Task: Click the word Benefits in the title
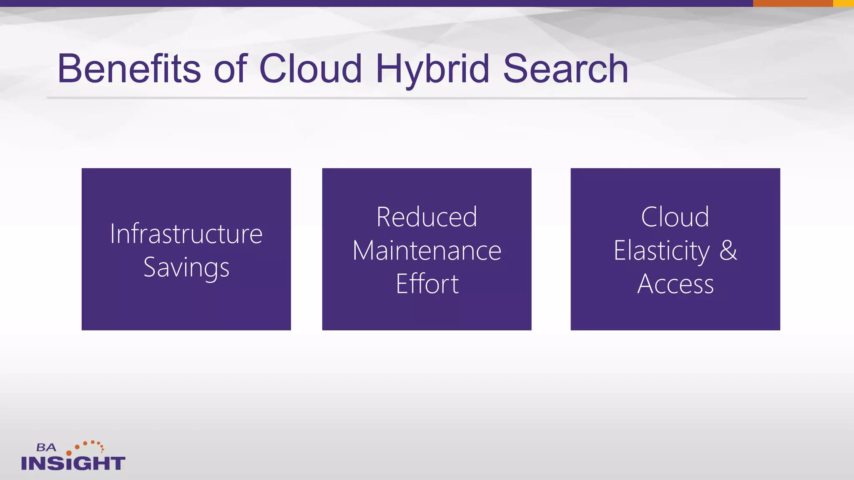[x=129, y=69]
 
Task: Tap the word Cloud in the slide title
[x=310, y=69]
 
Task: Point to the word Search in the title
[x=565, y=69]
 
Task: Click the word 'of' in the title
[x=230, y=69]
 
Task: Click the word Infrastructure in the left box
[x=186, y=234]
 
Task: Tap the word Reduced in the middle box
[x=427, y=217]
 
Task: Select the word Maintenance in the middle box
[x=427, y=251]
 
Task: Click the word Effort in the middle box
[x=427, y=284]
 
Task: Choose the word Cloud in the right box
[x=675, y=217]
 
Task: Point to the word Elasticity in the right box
[x=661, y=251]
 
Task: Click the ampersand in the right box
[x=728, y=250]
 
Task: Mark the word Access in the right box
[x=675, y=284]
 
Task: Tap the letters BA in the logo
[x=46, y=447]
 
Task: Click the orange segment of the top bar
[x=793, y=3]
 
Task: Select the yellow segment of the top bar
[x=843, y=3]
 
